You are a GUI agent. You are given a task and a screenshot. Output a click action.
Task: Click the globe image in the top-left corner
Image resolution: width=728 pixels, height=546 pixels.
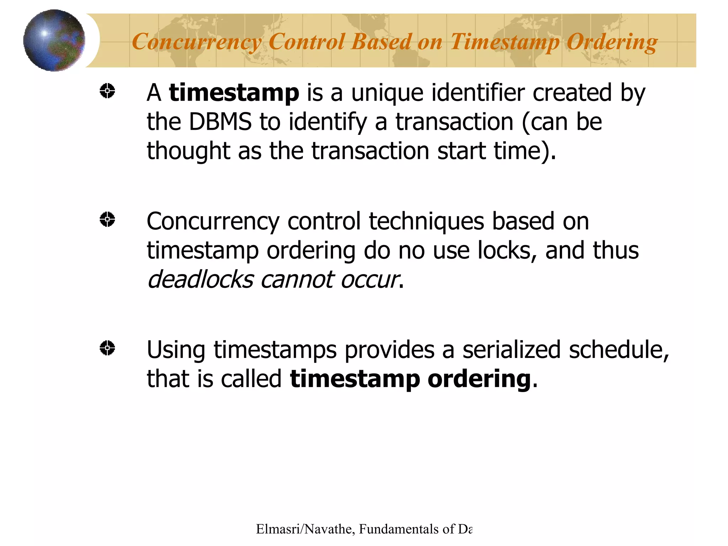tap(54, 40)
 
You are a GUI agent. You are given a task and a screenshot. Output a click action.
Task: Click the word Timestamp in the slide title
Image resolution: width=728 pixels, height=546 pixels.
tap(505, 42)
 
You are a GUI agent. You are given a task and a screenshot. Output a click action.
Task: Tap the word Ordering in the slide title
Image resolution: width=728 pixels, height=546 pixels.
tap(611, 42)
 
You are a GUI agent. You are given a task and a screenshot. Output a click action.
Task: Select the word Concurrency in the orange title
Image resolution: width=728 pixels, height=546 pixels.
tap(196, 42)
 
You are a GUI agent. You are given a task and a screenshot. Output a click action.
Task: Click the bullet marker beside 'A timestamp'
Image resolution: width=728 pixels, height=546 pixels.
tap(107, 91)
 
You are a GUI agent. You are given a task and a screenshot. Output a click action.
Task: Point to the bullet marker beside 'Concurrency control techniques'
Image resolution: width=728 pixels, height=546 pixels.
tap(107, 219)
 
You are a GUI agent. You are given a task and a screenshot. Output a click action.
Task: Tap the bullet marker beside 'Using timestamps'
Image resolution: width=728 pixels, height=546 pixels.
tap(107, 348)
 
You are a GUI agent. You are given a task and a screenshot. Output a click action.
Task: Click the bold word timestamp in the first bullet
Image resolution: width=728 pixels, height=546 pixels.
tap(234, 92)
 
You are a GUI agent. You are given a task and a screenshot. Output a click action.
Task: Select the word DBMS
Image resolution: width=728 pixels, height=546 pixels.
tap(220, 122)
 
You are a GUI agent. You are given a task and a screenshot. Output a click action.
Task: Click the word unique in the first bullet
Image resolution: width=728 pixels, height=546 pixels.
tap(387, 93)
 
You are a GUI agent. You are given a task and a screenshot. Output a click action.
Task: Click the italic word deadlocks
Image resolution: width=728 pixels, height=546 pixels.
tap(200, 279)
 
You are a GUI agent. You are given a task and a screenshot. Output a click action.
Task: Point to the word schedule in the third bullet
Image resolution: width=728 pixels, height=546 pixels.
tap(618, 350)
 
